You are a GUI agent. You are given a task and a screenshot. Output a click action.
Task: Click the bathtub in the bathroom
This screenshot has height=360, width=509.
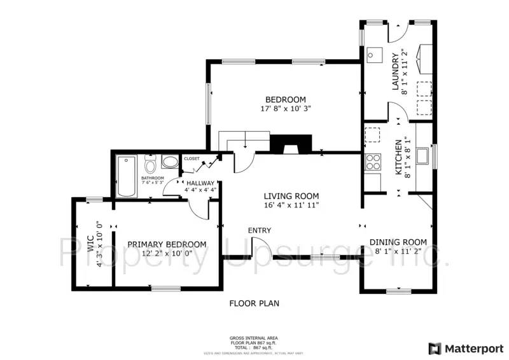click(126, 176)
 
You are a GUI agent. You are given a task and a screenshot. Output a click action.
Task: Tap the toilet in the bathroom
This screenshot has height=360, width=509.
click(151, 164)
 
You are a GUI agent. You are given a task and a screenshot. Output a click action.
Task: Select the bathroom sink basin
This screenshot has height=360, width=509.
click(169, 162)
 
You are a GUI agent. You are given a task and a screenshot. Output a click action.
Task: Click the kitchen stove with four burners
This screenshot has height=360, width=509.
click(371, 162)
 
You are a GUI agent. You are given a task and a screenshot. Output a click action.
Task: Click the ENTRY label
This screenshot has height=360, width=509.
click(260, 230)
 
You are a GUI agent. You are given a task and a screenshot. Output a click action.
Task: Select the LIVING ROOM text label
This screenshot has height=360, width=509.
click(292, 196)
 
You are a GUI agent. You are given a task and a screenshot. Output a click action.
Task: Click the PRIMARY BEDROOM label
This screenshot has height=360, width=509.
click(167, 244)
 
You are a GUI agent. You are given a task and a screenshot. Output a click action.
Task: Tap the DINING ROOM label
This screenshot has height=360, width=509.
click(398, 242)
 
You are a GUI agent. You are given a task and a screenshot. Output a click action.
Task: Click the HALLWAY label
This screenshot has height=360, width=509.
click(200, 183)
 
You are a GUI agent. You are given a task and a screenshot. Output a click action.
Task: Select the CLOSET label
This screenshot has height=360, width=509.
click(192, 158)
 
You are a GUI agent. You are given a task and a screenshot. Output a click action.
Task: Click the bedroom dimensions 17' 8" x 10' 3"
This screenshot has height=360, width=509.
click(285, 109)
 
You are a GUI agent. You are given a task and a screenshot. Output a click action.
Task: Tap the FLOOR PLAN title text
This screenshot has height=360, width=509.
click(254, 304)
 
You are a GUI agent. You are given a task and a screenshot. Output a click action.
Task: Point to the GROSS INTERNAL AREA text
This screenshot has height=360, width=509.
click(253, 338)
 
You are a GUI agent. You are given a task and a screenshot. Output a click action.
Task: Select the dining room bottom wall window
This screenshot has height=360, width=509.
click(397, 291)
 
